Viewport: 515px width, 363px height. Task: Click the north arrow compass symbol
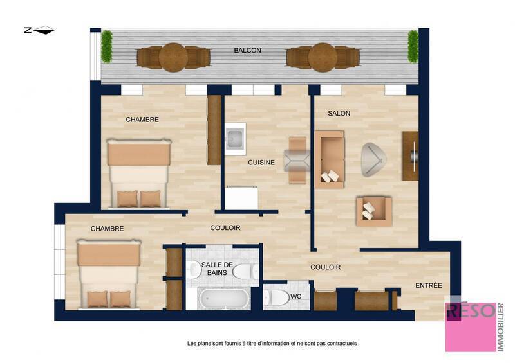(x=39, y=30)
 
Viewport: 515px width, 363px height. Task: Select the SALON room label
(x=339, y=113)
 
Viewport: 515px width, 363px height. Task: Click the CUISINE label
(x=261, y=163)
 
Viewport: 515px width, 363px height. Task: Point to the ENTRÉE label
(x=428, y=285)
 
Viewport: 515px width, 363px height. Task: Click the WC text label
(x=295, y=296)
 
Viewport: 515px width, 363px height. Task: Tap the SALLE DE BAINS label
(x=216, y=269)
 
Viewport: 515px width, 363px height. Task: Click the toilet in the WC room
(x=277, y=297)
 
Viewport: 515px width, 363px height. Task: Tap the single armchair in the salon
(x=373, y=211)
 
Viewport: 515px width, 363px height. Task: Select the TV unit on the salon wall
(x=410, y=155)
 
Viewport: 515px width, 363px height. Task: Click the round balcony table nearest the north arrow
(x=173, y=58)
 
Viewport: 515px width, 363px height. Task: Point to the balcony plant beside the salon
(x=413, y=46)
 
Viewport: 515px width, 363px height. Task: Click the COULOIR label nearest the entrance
(x=325, y=267)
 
